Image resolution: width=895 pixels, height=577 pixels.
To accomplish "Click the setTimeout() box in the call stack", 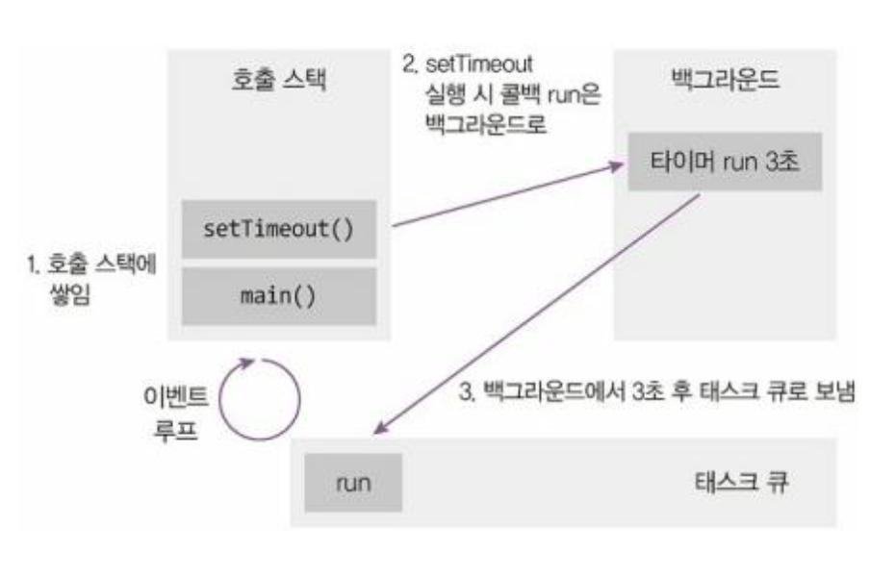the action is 278,231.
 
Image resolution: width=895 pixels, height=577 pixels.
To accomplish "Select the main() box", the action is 278,294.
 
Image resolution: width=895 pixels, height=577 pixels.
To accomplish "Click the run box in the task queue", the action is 353,481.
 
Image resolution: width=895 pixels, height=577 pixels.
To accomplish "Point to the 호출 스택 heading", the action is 278,81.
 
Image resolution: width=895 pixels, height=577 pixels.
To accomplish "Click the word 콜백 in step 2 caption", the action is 520,96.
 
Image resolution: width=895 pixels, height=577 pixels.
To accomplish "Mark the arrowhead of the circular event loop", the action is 251,362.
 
